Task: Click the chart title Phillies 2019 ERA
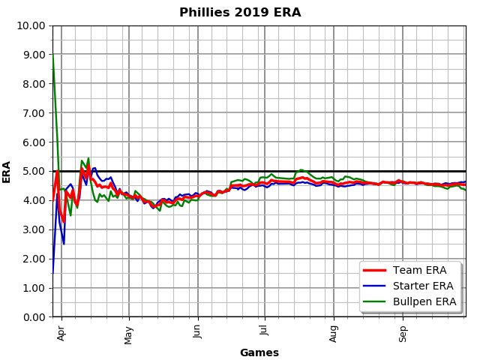240,13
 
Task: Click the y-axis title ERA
7,171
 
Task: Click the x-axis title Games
259,352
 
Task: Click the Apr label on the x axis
61,331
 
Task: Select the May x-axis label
129,332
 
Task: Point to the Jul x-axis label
264,331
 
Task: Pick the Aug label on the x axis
334,332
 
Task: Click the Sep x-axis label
403,331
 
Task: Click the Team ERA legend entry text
425,271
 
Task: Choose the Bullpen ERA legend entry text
430,301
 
